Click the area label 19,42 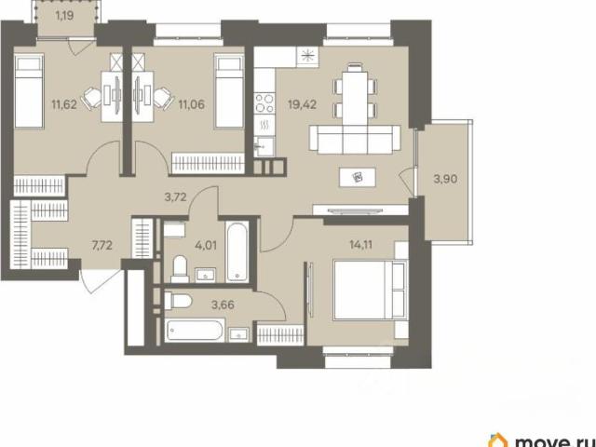tap(302, 104)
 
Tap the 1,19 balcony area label tap(64, 16)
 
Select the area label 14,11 tap(361, 245)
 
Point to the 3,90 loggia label tap(445, 178)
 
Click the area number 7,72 tap(102, 246)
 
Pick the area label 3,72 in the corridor tap(175, 197)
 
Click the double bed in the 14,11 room tap(370, 290)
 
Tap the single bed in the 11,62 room tap(29, 91)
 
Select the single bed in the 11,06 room tap(228, 91)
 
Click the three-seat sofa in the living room tap(355, 140)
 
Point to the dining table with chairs tap(355, 94)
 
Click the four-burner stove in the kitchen tap(264, 103)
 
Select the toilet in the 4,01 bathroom tap(179, 269)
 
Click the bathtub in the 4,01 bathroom tap(237, 251)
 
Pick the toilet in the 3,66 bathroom tap(178, 302)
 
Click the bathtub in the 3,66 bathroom tap(195, 331)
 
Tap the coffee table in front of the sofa tap(358, 177)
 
